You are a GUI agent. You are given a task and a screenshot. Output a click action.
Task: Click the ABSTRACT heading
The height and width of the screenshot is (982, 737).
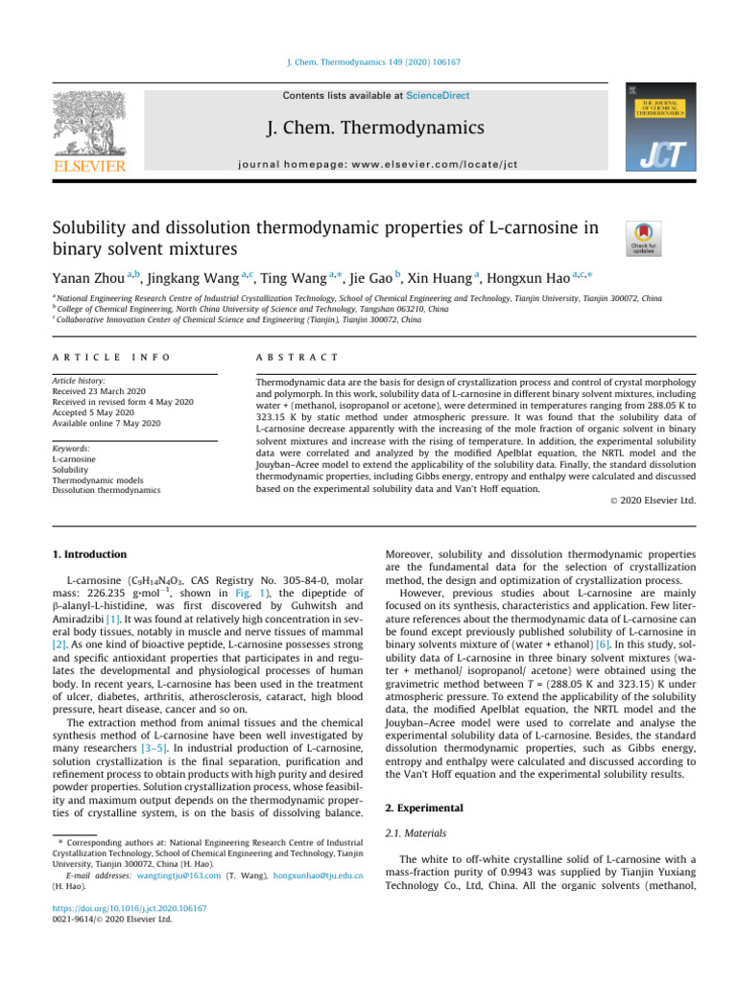pos(286,357)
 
